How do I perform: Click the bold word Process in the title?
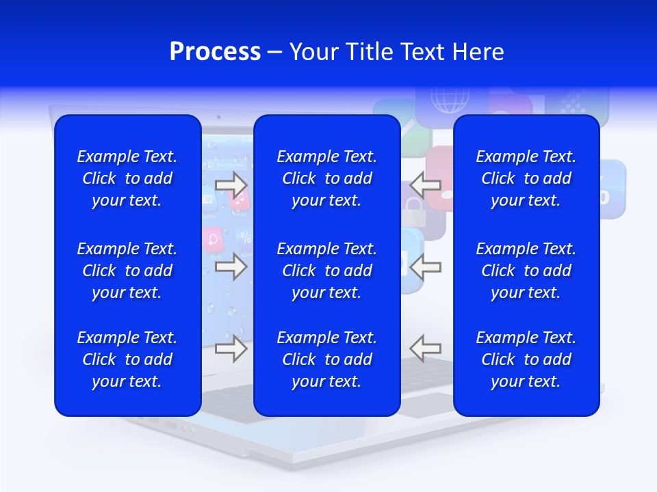pos(215,51)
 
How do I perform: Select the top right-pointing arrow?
pos(231,184)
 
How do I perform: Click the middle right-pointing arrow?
pos(231,266)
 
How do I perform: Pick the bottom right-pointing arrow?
pos(231,349)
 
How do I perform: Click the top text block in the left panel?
pos(127,178)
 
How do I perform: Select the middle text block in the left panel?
pos(127,271)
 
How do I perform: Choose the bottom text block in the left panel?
pos(127,359)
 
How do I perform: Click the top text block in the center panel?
pos(326,178)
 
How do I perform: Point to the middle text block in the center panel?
pos(326,271)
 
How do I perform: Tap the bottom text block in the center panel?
pos(326,359)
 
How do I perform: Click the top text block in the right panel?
pos(526,178)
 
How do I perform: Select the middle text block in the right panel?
pos(526,271)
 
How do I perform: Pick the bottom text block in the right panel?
pos(526,359)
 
